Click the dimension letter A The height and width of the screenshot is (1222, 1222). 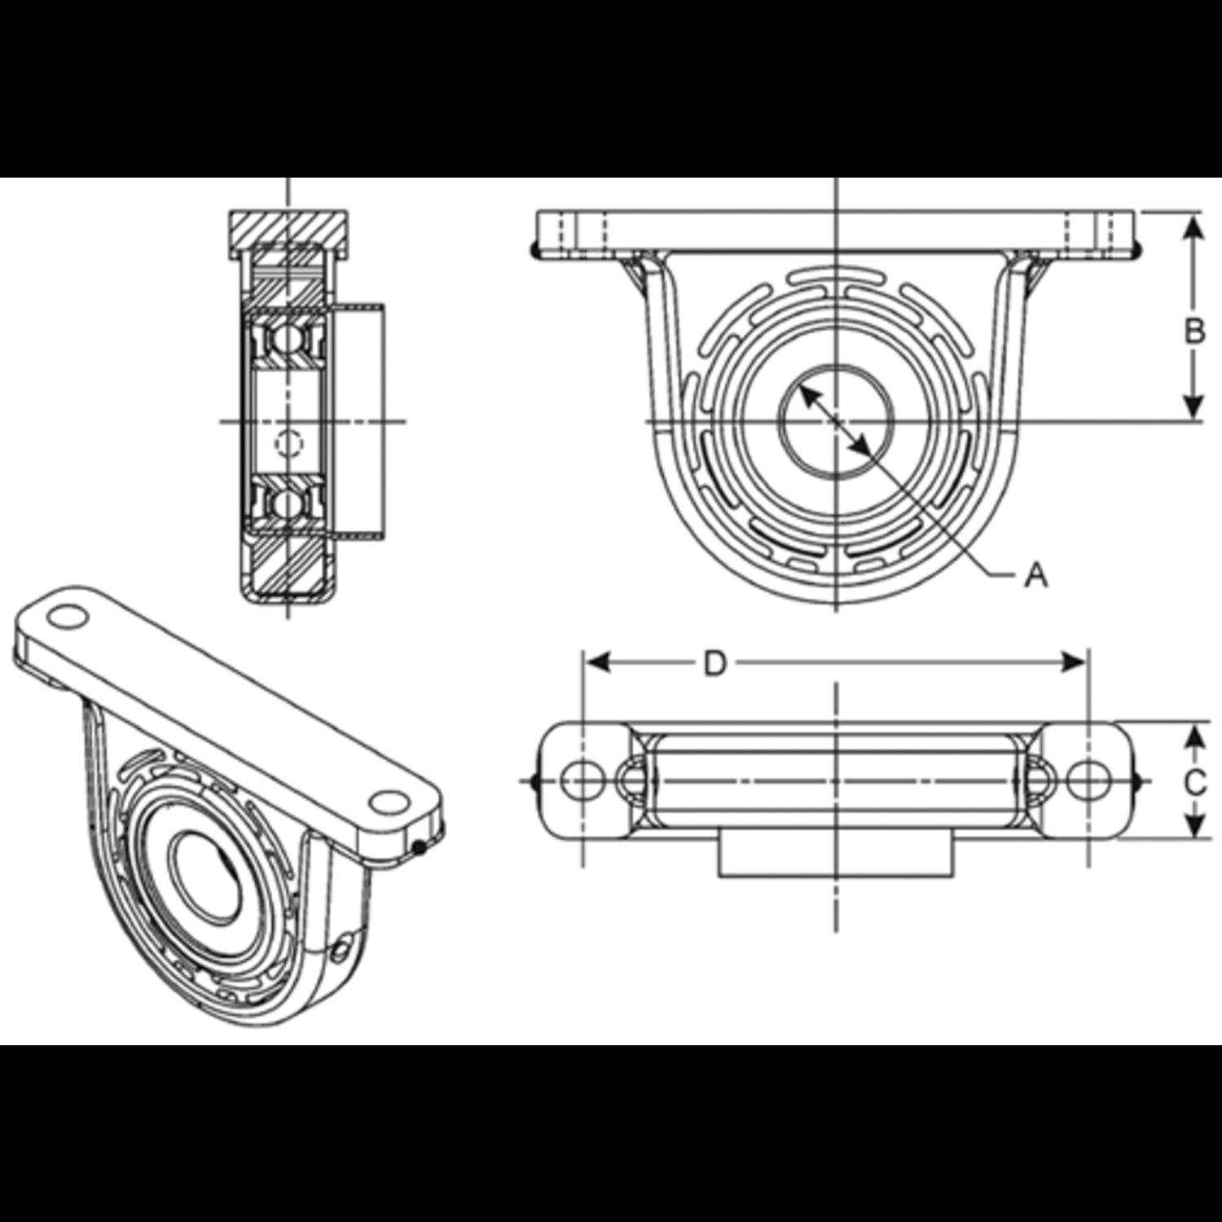[1035, 576]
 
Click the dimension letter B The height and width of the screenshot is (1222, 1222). [1194, 332]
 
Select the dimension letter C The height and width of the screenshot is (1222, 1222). [1194, 783]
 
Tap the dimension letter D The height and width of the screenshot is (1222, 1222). [714, 664]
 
